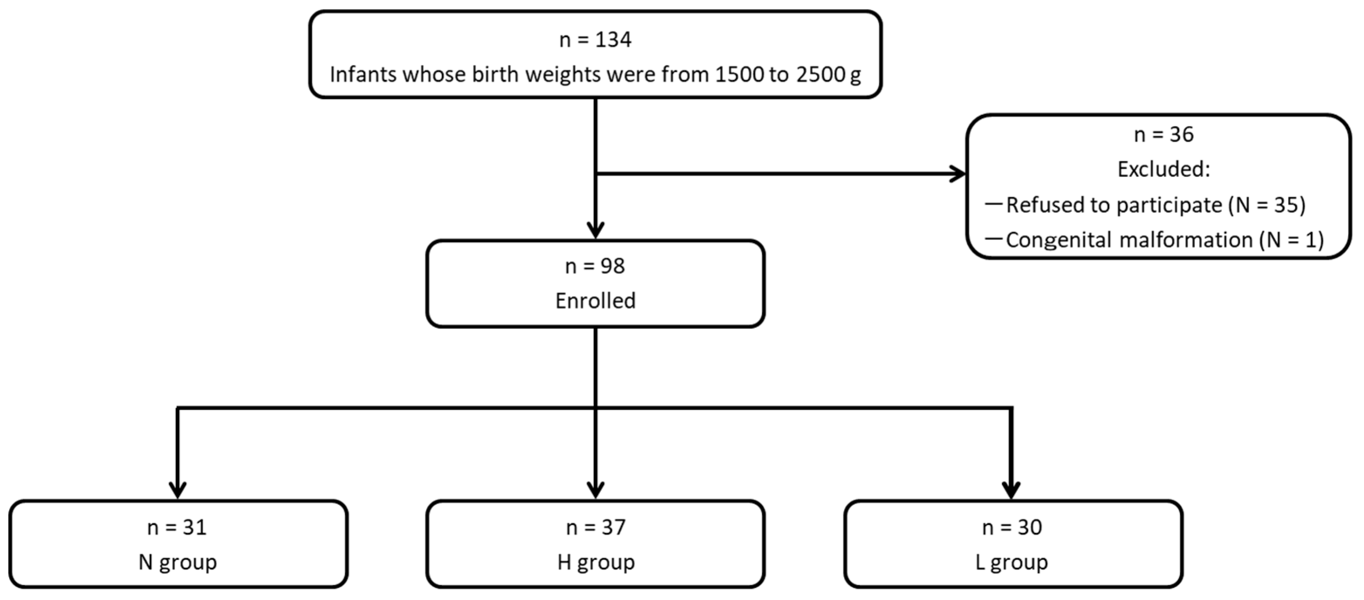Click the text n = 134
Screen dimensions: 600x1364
(595, 40)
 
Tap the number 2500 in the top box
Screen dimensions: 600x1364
(820, 75)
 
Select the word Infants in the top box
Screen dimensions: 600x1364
(363, 75)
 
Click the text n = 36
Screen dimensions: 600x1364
(1163, 135)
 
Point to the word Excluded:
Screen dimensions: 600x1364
(1163, 170)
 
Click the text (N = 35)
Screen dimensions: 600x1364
(1267, 205)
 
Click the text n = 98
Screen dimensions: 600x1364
(595, 266)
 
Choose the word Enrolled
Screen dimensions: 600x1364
(595, 301)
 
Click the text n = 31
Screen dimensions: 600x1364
(177, 528)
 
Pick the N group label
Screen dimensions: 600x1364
(177, 562)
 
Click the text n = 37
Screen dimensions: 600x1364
(596, 528)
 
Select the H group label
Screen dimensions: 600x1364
(596, 562)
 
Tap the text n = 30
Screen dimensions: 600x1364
(1011, 528)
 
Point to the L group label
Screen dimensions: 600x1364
(1011, 562)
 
